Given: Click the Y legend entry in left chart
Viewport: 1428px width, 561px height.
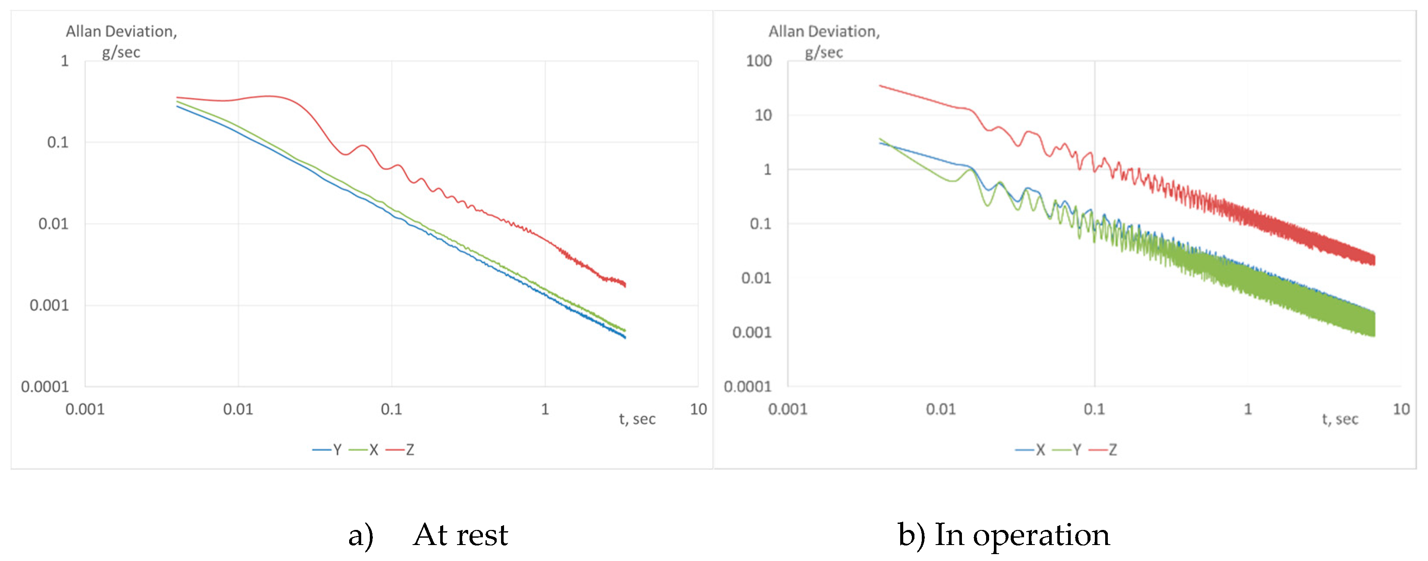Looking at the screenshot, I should [328, 450].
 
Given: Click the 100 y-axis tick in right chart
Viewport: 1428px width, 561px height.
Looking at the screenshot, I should [758, 61].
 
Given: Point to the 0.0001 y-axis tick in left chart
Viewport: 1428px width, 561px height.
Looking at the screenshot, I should [45, 386].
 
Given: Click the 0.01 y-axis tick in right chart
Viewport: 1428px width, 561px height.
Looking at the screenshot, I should [756, 278].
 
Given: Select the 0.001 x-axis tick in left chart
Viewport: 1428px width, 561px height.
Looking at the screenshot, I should [85, 409].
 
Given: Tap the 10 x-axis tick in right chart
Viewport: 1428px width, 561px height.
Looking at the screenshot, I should [1401, 409].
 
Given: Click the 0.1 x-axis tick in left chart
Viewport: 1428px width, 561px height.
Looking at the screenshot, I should [391, 409].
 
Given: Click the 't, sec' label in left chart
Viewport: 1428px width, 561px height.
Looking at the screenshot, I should [637, 419].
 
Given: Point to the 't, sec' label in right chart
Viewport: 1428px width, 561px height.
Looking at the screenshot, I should [1340, 419].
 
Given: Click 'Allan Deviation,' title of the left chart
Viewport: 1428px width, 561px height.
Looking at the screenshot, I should [121, 32].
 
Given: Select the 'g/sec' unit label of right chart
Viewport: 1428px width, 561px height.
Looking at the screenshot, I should [824, 53].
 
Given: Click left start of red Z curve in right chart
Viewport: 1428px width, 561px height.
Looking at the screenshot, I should [880, 86].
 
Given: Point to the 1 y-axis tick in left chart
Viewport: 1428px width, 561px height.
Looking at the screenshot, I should [65, 61].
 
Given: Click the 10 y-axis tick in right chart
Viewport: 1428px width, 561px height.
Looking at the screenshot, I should [763, 115].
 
